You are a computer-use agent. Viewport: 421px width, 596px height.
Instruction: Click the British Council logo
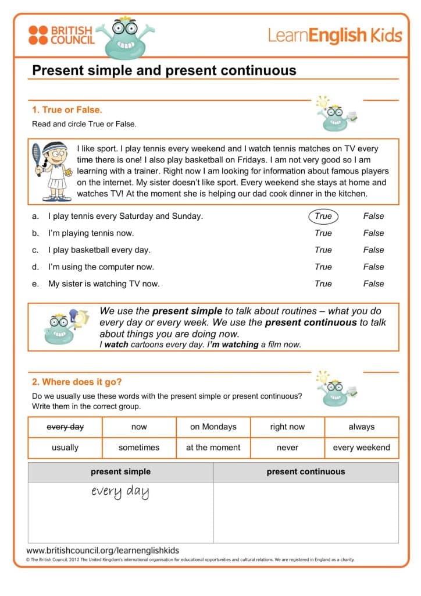point(60,35)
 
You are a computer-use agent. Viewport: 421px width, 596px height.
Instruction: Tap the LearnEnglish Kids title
point(335,36)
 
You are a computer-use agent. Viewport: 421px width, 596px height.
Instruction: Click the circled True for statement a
point(323,216)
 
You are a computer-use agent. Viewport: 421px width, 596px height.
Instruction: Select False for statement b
point(373,233)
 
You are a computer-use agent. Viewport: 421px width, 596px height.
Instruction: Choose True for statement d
point(323,267)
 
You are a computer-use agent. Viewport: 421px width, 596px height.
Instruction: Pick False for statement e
point(373,283)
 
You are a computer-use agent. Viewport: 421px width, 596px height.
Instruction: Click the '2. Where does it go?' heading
point(77,382)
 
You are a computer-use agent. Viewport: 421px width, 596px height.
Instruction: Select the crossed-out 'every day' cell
point(65,427)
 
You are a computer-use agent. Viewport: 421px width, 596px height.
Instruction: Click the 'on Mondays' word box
point(213,427)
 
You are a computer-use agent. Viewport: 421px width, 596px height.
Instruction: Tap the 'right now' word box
point(287,427)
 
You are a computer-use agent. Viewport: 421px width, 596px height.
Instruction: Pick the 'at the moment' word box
point(213,448)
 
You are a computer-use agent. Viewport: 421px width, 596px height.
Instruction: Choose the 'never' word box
point(287,448)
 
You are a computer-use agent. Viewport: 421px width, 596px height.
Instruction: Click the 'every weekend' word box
point(362,448)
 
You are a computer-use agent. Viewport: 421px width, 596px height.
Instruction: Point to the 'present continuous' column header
point(306,472)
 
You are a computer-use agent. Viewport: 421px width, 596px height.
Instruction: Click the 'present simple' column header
point(120,472)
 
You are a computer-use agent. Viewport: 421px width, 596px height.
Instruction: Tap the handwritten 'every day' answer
point(120,492)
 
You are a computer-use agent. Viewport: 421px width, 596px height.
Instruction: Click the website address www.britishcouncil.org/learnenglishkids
point(103,550)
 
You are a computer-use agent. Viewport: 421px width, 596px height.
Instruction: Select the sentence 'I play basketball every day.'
point(99,250)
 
